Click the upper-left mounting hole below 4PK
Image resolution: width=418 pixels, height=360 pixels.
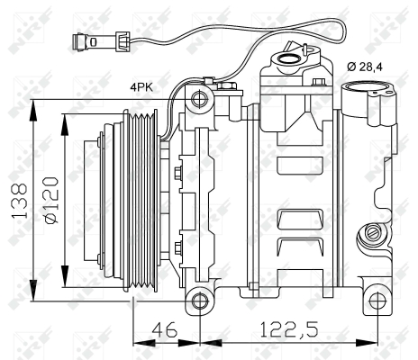[x=206, y=96]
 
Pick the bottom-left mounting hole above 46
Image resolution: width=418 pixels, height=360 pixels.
[x=199, y=301]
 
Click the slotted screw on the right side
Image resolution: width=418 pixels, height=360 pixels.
[x=368, y=237]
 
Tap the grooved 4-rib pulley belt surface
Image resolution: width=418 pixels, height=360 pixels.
[x=145, y=199]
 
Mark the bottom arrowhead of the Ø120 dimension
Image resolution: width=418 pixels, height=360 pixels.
[x=66, y=280]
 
